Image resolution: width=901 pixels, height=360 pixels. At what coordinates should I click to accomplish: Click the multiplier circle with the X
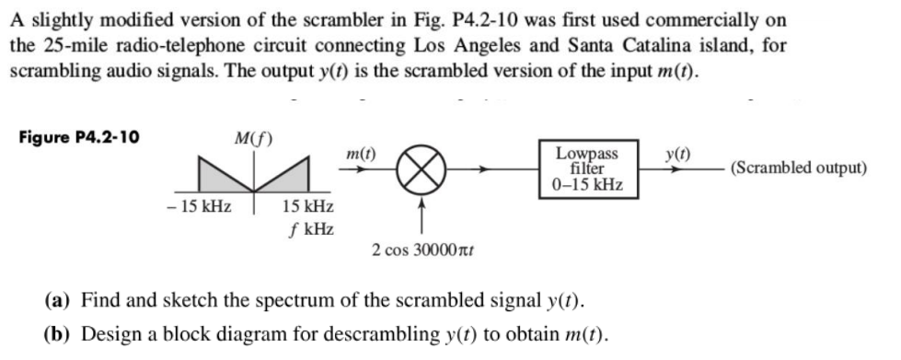(x=421, y=169)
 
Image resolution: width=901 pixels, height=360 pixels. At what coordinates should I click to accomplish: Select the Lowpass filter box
(x=588, y=168)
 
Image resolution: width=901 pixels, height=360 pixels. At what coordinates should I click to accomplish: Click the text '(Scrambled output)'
(x=798, y=168)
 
